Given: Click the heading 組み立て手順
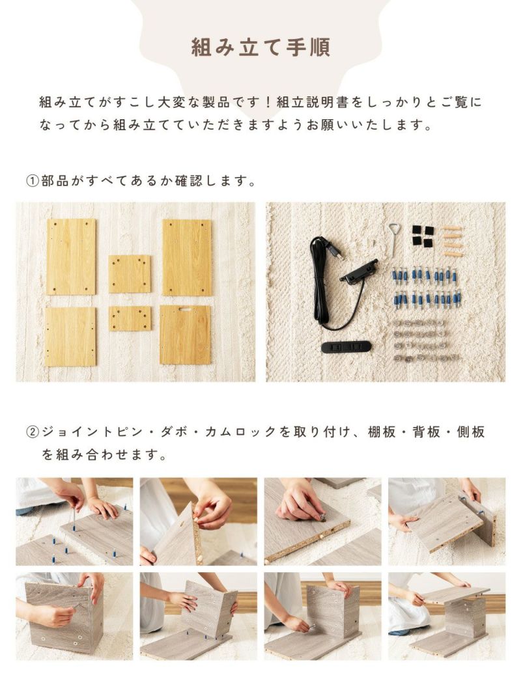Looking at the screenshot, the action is pos(260,47).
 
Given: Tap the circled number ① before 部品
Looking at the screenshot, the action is pos(33,180).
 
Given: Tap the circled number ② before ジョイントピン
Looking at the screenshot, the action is pos(33,432).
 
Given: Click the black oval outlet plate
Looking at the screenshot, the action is pos(346,346).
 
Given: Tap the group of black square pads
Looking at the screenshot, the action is pos(423,236).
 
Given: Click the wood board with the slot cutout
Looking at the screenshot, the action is pos(186,335).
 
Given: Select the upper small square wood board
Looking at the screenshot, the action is pos(130,274).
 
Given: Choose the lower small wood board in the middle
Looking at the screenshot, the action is pos(130,318).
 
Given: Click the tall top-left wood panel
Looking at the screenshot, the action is pos(71,256).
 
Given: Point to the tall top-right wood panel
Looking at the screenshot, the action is pos(187,257).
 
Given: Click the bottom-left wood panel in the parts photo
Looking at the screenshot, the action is pos(70,337).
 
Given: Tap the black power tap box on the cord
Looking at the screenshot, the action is pos(359,270).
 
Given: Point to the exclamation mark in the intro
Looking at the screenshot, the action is pos(268,102).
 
